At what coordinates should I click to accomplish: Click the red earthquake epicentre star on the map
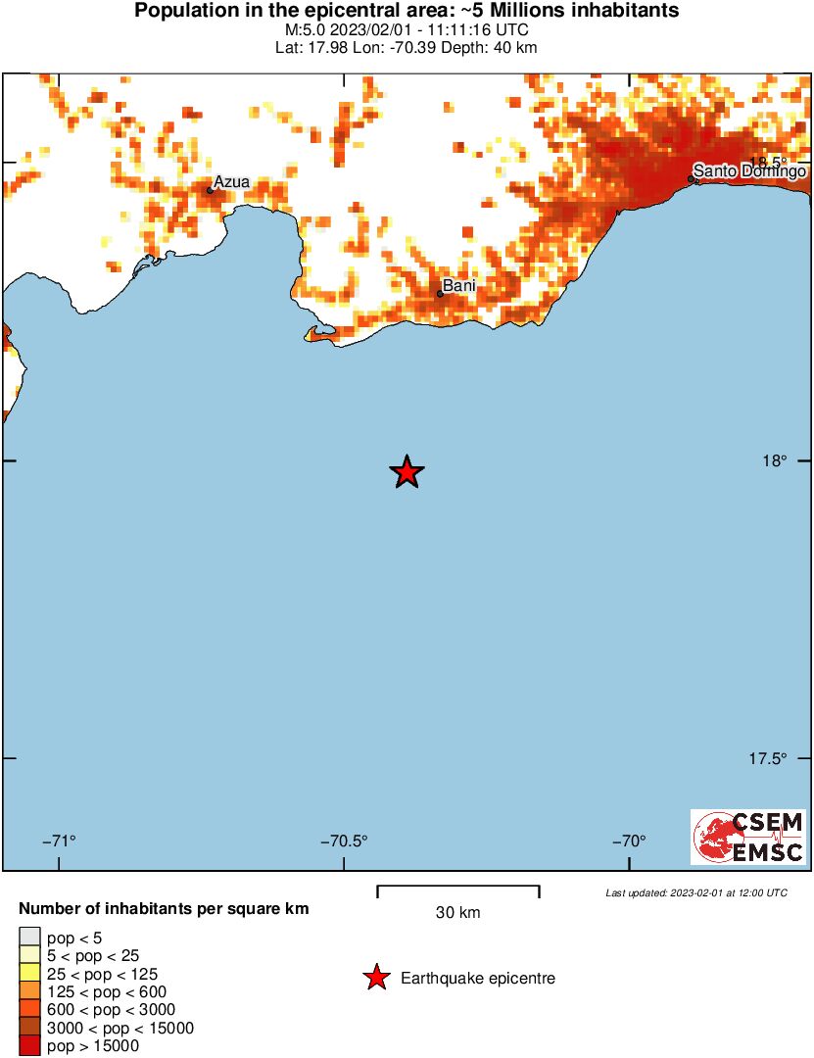click(407, 472)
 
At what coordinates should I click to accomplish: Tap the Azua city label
click(232, 181)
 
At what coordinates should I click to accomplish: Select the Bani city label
click(459, 286)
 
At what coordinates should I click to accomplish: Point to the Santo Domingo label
click(750, 171)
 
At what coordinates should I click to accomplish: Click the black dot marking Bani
click(441, 293)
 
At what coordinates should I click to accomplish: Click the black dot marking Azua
click(210, 190)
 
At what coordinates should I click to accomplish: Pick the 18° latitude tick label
click(776, 460)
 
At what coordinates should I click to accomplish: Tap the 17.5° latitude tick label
click(769, 758)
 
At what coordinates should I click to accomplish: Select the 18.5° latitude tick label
click(769, 162)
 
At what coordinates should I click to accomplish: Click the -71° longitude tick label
click(60, 841)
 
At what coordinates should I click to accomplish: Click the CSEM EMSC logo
click(748, 837)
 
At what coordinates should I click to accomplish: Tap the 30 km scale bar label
click(457, 913)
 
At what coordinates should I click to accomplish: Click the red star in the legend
click(375, 978)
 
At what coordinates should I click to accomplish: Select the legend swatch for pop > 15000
click(29, 1046)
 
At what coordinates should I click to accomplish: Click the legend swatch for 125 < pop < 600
click(29, 992)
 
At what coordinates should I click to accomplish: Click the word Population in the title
click(181, 12)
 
